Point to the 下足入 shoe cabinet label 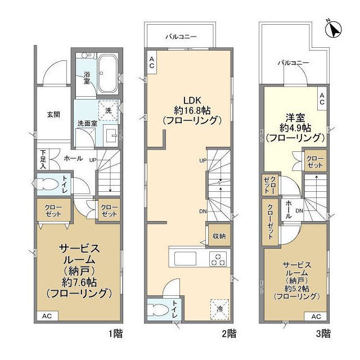tap(43, 159)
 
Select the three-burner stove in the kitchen tap(218, 259)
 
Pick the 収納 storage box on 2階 tap(218, 236)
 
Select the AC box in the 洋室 tap(322, 99)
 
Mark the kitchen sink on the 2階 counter tap(184, 259)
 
